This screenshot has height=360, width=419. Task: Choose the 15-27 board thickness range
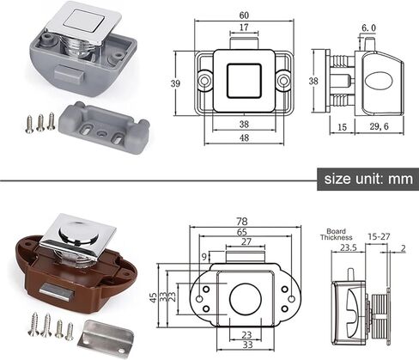pyautogui.click(x=378, y=235)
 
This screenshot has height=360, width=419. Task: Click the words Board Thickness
pyautogui.click(x=337, y=234)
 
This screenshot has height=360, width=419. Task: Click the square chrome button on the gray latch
pyautogui.click(x=80, y=21)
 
